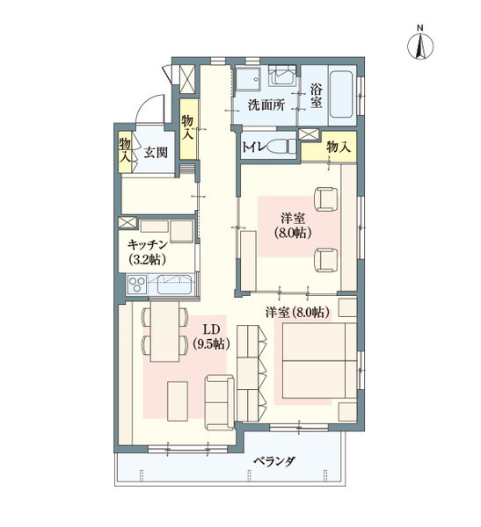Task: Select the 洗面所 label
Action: coord(266,105)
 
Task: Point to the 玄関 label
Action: coord(157,153)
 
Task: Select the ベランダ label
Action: coord(273,461)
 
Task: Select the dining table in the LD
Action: coord(165,331)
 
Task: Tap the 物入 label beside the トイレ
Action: coord(338,148)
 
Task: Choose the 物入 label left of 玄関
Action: coord(126,151)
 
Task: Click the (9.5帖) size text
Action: coord(211,344)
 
